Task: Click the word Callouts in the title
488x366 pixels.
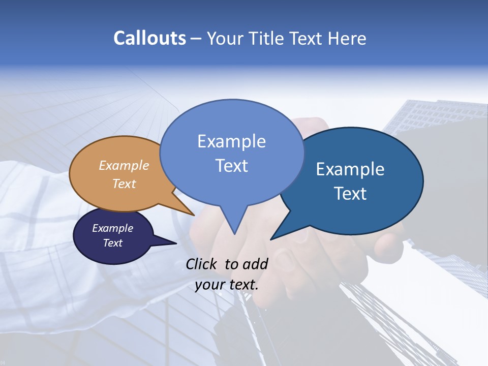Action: click(x=149, y=38)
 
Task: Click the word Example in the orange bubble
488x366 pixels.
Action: click(x=124, y=165)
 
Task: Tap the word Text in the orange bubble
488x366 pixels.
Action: click(x=124, y=184)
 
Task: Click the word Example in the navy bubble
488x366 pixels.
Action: click(x=112, y=228)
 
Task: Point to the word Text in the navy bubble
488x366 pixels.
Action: click(x=112, y=243)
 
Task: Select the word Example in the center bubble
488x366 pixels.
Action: click(x=231, y=141)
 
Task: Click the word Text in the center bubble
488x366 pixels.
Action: click(x=231, y=165)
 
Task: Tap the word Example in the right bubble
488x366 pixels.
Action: click(x=350, y=169)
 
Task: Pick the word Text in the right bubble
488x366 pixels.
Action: click(x=350, y=193)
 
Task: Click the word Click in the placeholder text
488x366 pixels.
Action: click(x=202, y=264)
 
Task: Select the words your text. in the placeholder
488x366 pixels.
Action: click(x=227, y=285)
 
